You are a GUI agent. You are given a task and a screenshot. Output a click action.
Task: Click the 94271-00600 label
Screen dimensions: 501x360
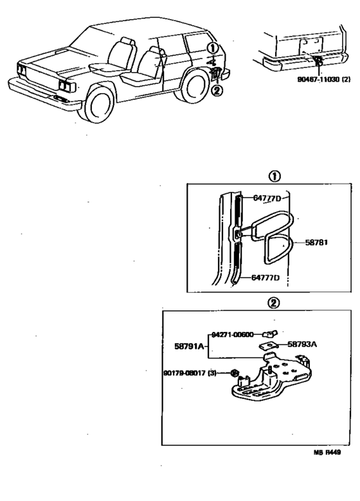click(232, 334)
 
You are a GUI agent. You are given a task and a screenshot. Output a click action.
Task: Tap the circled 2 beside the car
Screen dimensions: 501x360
click(217, 90)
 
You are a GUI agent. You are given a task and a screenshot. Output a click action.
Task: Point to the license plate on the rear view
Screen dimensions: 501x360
click(308, 46)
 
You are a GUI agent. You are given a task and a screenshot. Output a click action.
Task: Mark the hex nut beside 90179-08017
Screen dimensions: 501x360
click(236, 373)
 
